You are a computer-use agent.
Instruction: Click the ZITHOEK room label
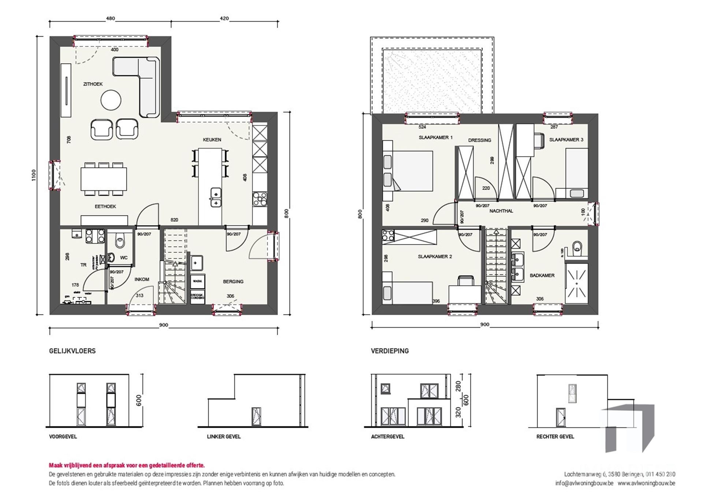click(x=93, y=84)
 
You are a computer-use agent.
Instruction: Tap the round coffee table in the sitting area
click(x=111, y=100)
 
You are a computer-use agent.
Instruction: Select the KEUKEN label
click(x=212, y=140)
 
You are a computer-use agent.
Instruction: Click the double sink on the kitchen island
click(x=216, y=197)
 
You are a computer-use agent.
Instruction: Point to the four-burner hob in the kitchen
click(x=260, y=200)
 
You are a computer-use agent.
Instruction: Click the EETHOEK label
click(x=105, y=207)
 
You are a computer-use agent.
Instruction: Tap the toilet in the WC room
click(x=119, y=242)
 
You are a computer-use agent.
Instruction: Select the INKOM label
click(x=142, y=280)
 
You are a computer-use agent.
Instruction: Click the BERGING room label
click(x=233, y=282)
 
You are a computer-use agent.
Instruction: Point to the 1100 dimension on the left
click(x=34, y=175)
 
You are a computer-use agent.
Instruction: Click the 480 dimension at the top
click(x=110, y=19)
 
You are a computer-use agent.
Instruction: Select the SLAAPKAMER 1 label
click(x=435, y=138)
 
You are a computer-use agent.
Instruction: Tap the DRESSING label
click(x=479, y=141)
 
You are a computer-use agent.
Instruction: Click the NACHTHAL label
click(x=501, y=211)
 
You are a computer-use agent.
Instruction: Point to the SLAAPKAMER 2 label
click(x=435, y=257)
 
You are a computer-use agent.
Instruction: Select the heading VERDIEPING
click(x=390, y=351)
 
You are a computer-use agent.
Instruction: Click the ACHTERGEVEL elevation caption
click(x=387, y=437)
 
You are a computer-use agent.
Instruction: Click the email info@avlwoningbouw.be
click(x=584, y=483)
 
